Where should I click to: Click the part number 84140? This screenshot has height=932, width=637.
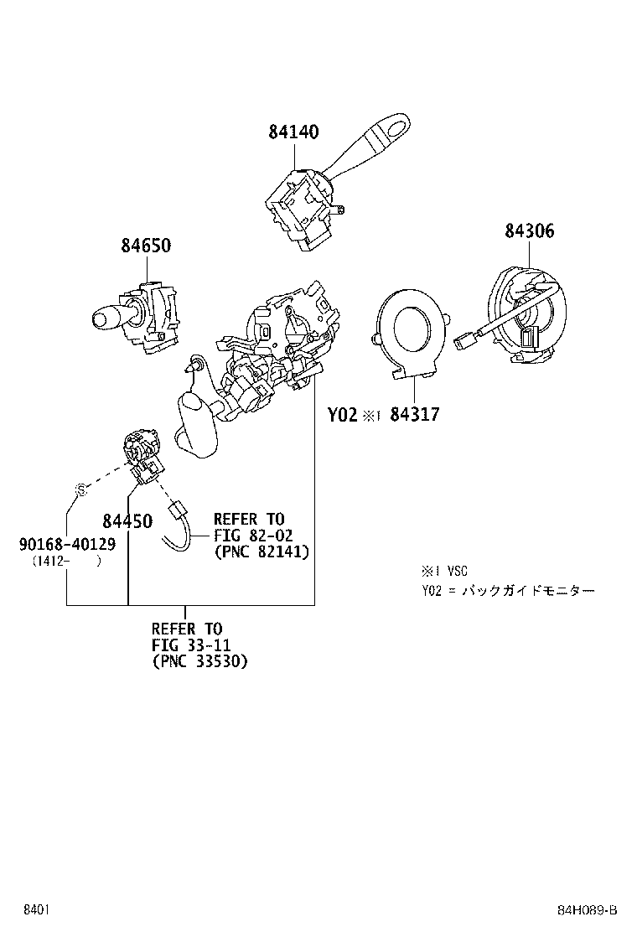coord(293,132)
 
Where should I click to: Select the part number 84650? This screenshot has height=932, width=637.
coord(146,246)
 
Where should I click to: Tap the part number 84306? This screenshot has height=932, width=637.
coord(529,231)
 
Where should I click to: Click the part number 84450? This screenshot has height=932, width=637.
coord(127,521)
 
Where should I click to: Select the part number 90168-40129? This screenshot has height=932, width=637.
coord(67,545)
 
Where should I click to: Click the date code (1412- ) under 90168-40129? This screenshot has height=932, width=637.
coord(66,562)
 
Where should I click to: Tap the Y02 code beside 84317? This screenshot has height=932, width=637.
coord(342,414)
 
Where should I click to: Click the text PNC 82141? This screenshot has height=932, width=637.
coord(262,551)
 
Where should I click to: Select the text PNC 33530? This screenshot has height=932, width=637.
coord(200,661)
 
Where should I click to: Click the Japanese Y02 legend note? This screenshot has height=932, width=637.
coord(508,591)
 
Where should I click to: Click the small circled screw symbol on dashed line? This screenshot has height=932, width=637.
coord(81,490)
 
